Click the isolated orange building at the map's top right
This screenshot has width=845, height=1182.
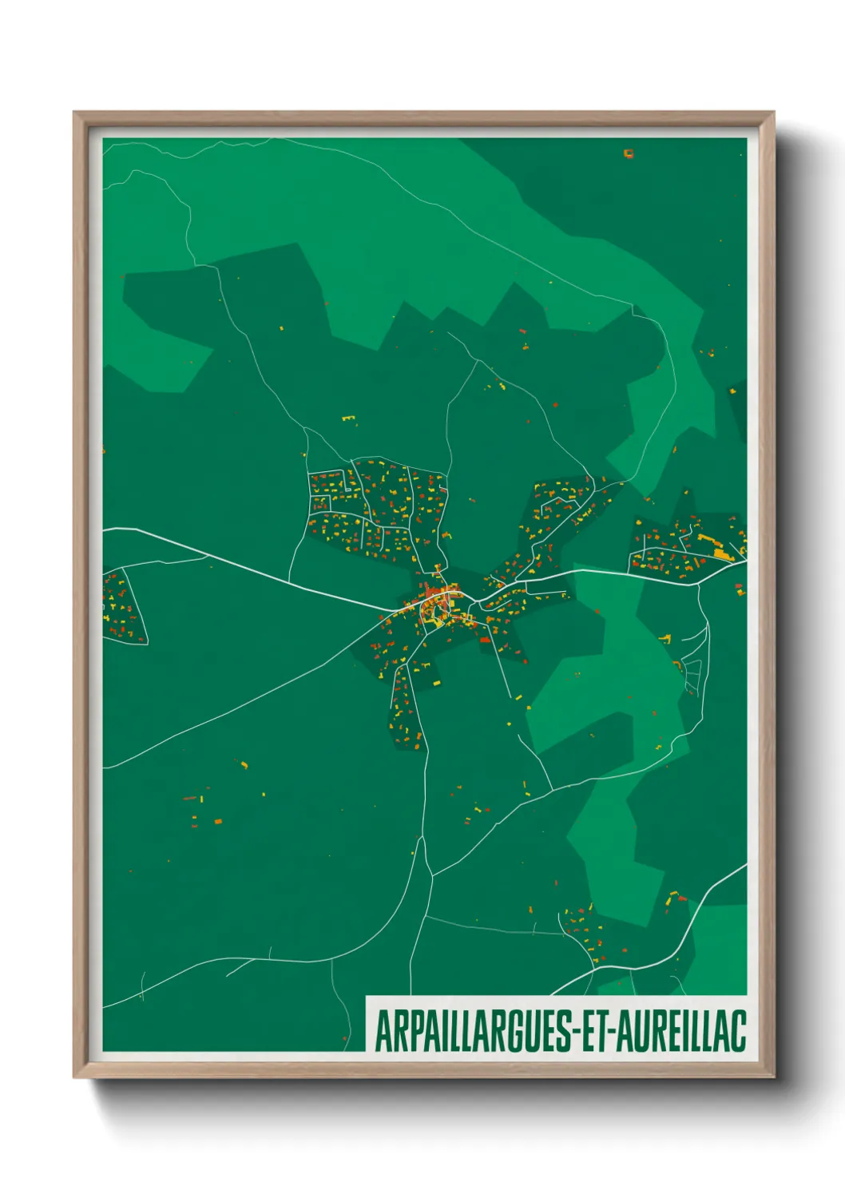629,153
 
